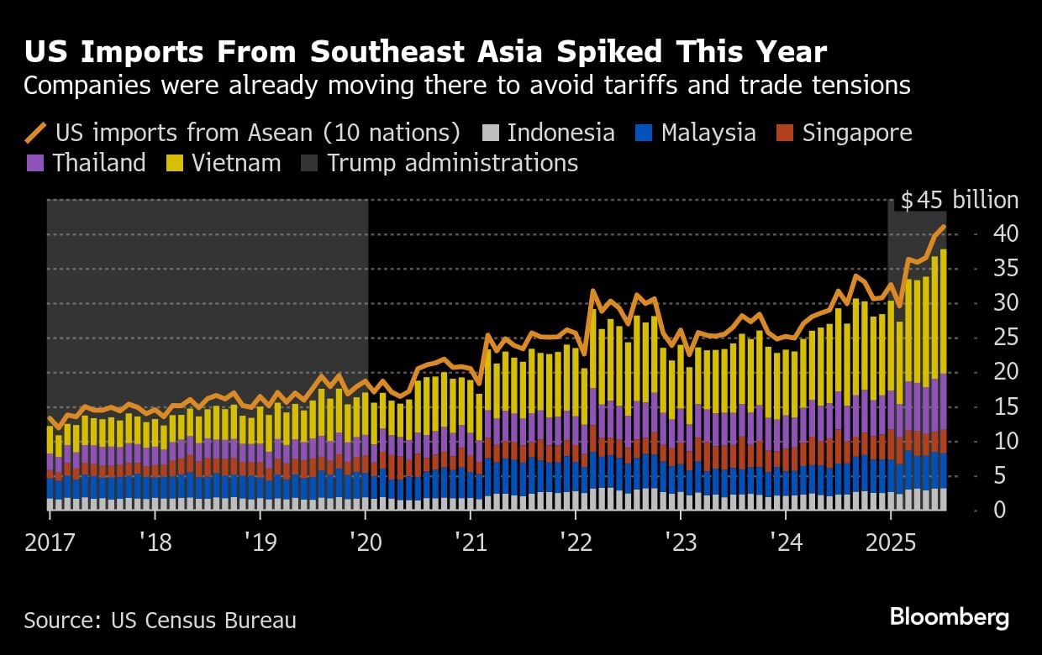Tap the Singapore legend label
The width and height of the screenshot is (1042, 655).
point(857,134)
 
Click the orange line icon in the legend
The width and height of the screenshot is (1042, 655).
point(36,134)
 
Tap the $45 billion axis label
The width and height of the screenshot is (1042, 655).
point(959,201)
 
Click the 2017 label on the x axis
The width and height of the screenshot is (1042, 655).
point(50,542)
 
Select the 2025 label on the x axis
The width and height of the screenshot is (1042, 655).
point(890,542)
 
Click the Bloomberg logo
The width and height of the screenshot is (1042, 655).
point(949,618)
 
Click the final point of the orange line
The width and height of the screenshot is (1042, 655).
point(945,226)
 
